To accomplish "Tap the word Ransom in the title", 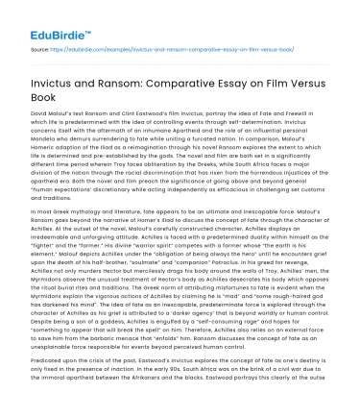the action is click(137, 69).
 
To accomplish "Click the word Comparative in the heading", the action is click(213, 69).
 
